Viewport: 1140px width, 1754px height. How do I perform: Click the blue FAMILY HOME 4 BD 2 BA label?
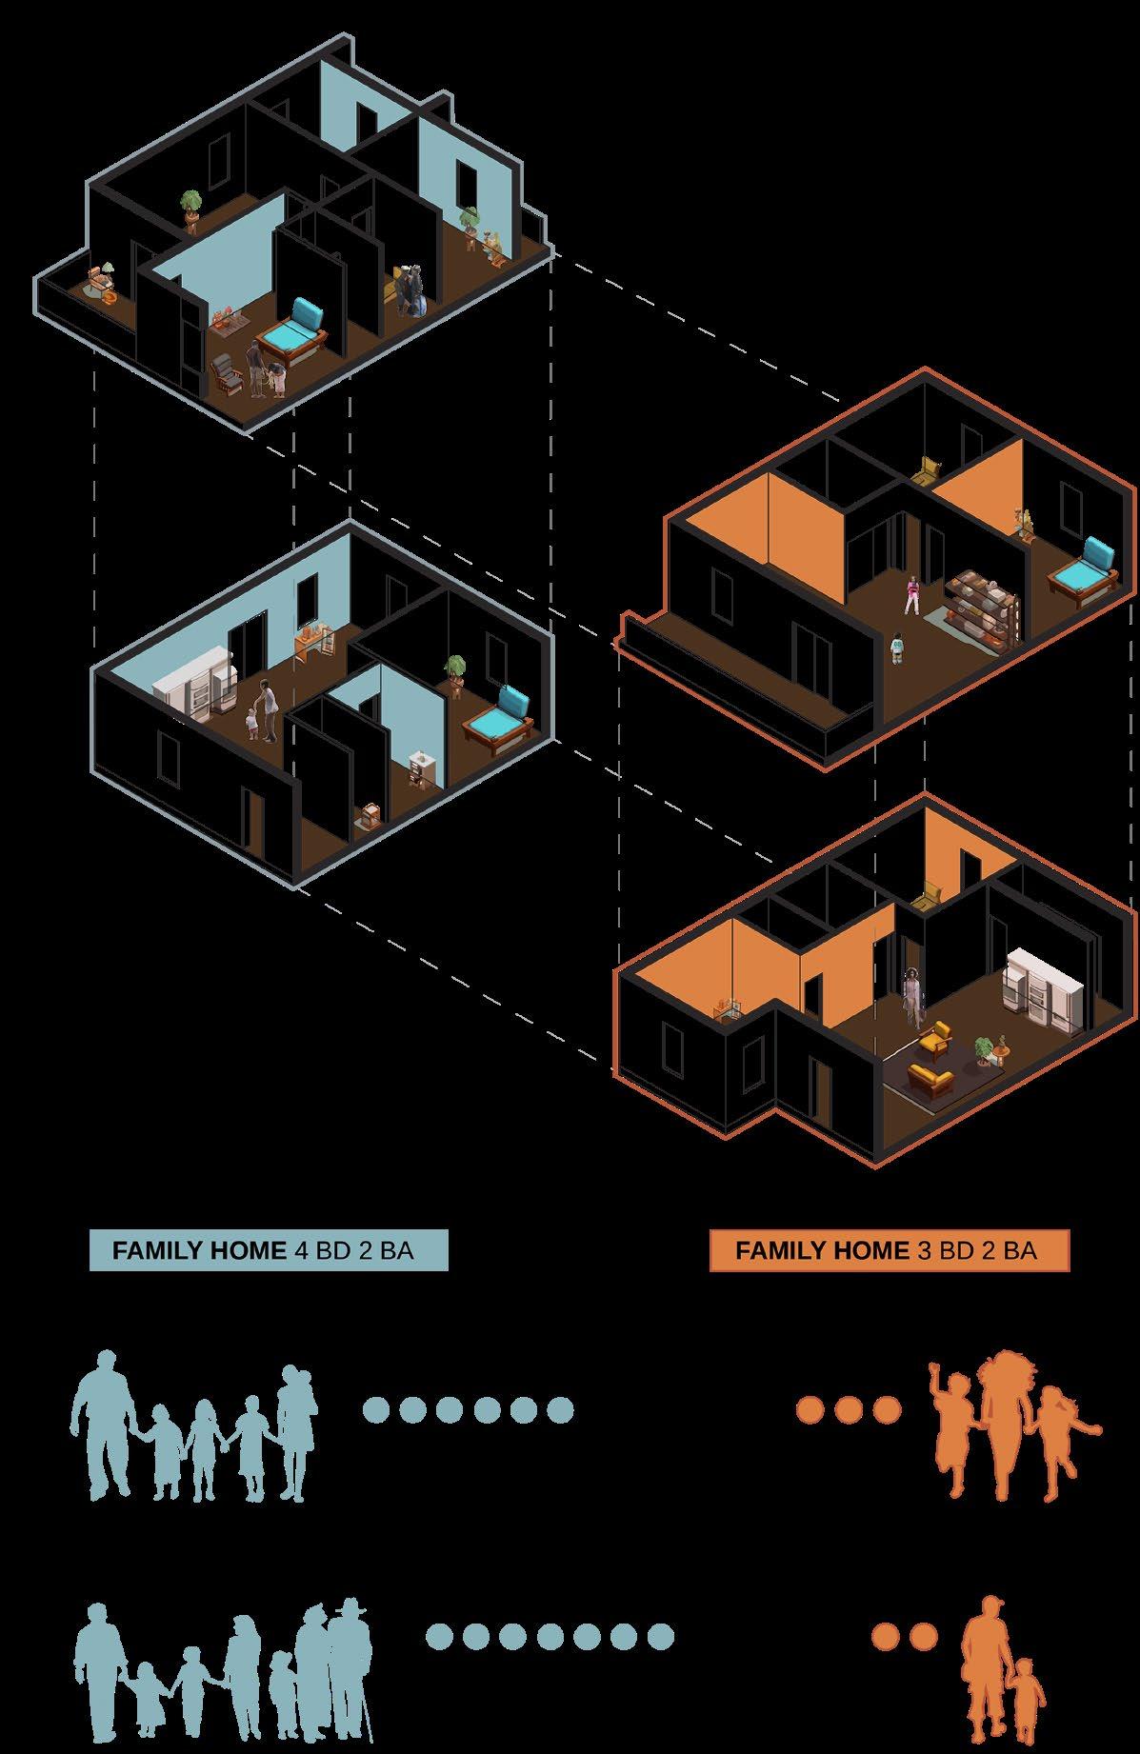268,1249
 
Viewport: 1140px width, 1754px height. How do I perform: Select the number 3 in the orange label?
924,1249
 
